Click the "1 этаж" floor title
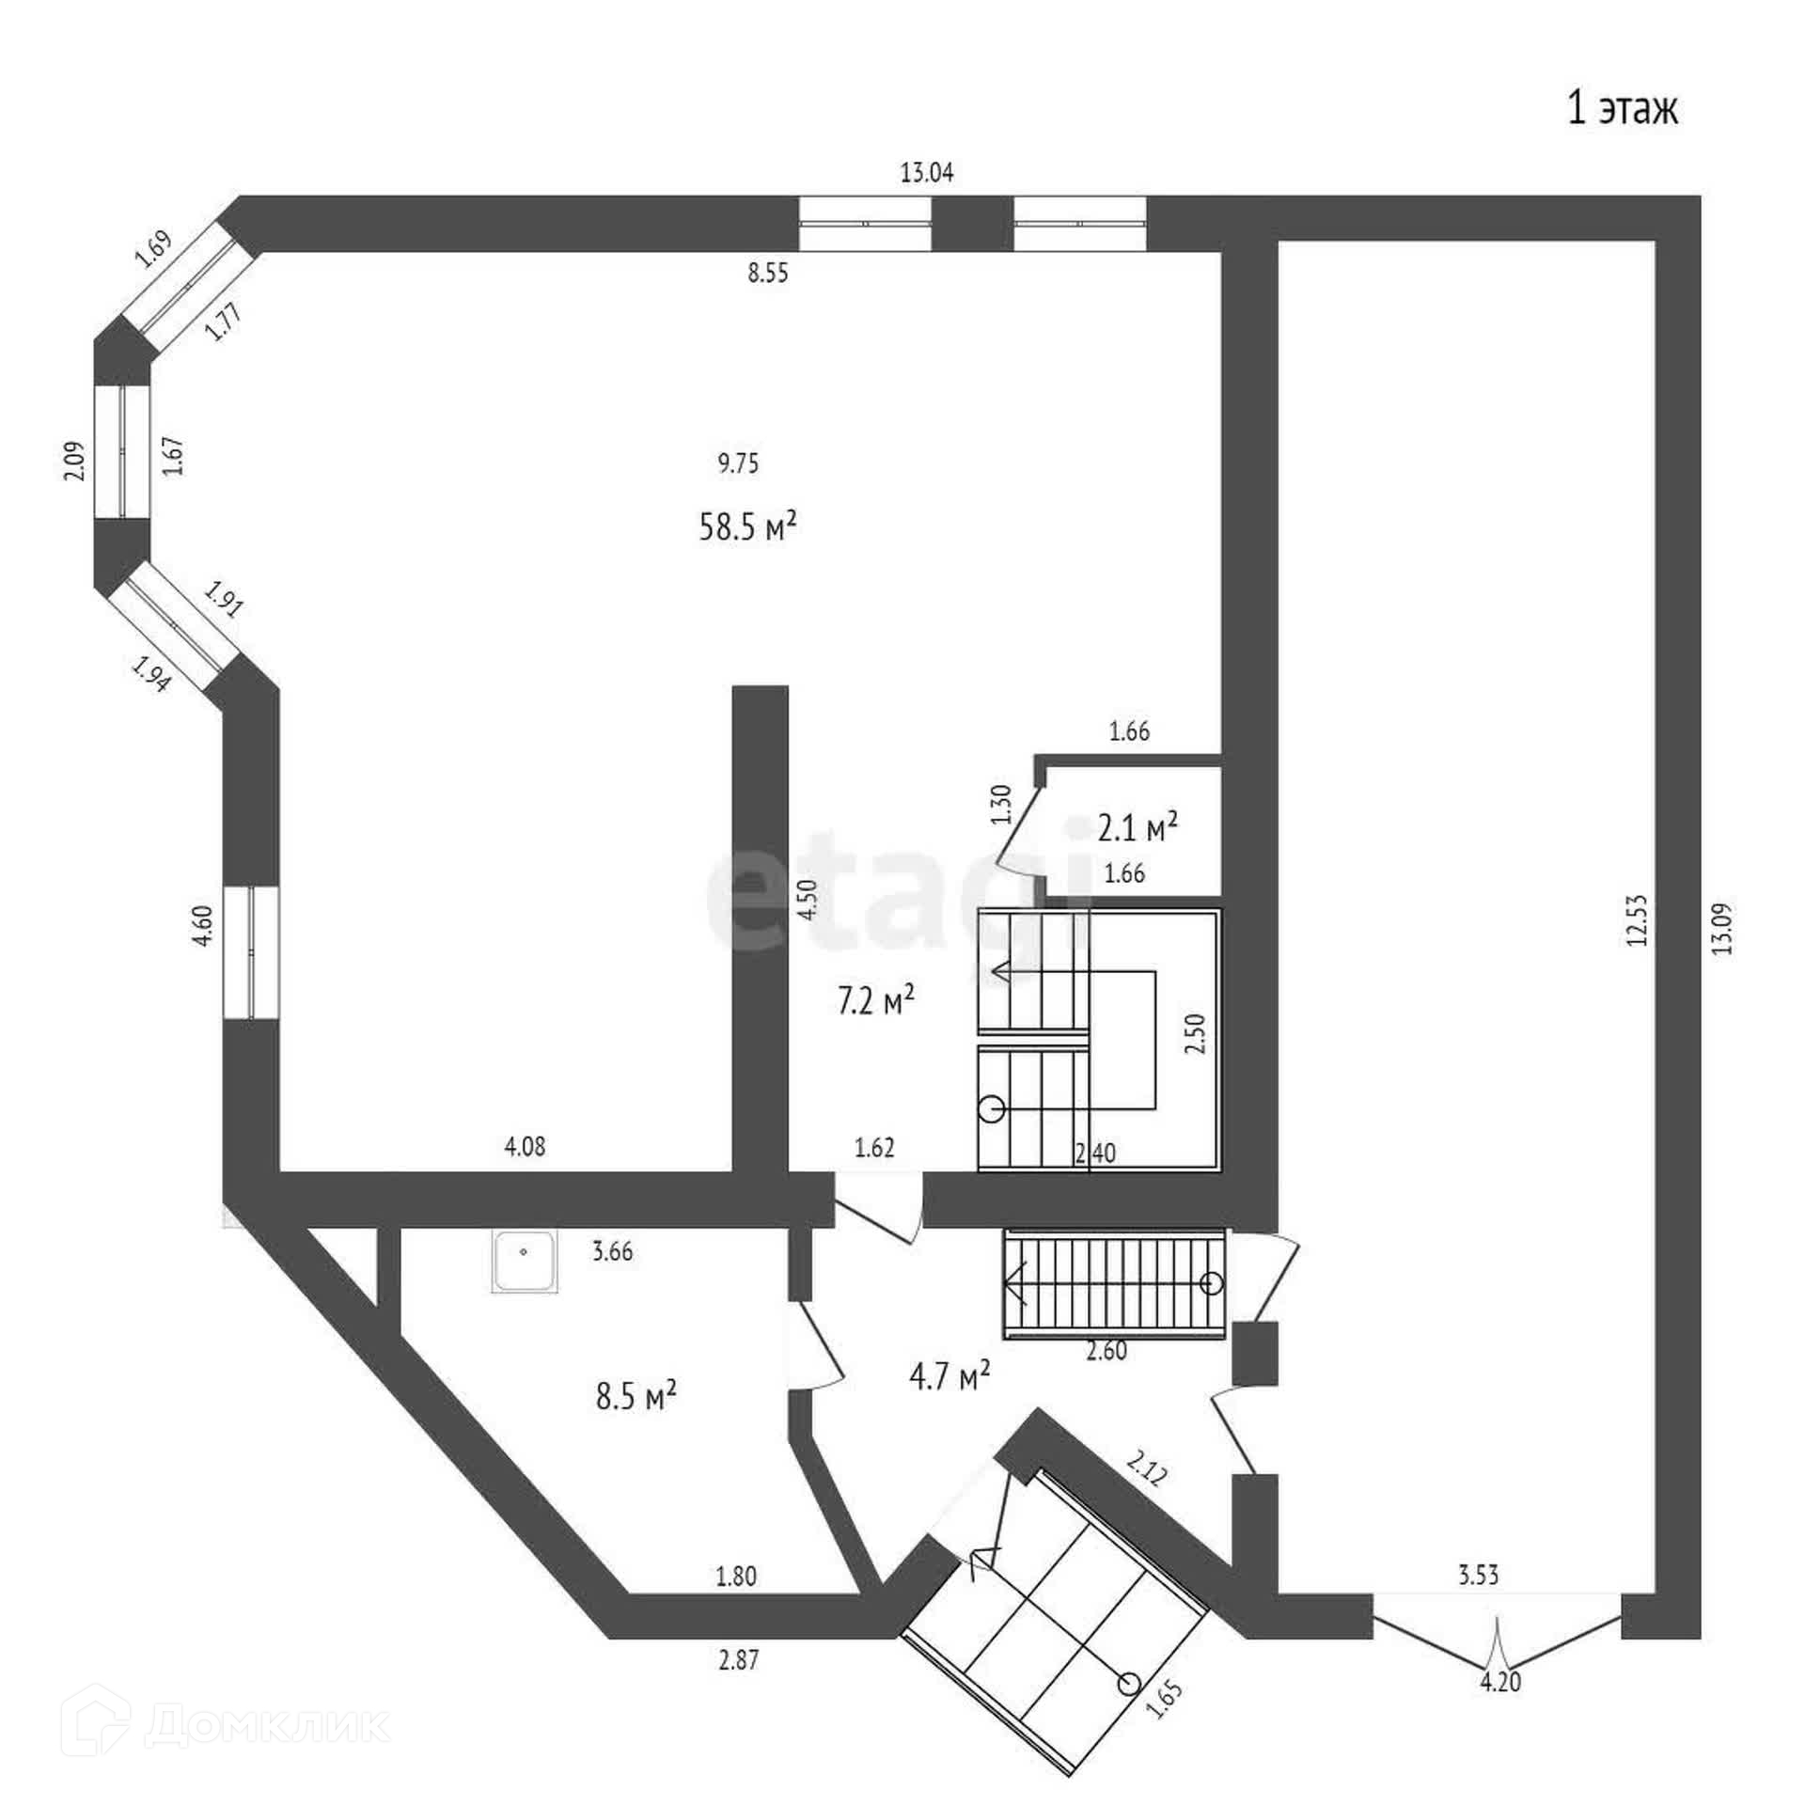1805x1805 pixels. click(1622, 110)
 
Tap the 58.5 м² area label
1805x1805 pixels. click(748, 526)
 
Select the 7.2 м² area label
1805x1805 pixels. click(875, 1001)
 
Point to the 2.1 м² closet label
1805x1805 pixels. click(1138, 828)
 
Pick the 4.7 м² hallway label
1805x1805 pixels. click(950, 1378)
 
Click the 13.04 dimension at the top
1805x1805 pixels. click(927, 173)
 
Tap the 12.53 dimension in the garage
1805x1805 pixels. click(1638, 919)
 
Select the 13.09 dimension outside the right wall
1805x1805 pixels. click(1721, 929)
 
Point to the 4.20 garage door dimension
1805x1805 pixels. click(1500, 1682)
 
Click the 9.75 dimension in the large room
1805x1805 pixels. click(738, 463)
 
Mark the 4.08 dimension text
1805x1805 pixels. click(525, 1147)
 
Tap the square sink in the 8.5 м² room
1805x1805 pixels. click(524, 1263)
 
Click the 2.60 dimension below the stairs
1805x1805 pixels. click(1107, 1351)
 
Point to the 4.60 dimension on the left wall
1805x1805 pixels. click(204, 925)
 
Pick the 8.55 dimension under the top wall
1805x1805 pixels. click(768, 274)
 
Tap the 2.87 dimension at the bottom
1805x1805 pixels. click(738, 1661)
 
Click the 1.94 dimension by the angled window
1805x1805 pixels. click(151, 673)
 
